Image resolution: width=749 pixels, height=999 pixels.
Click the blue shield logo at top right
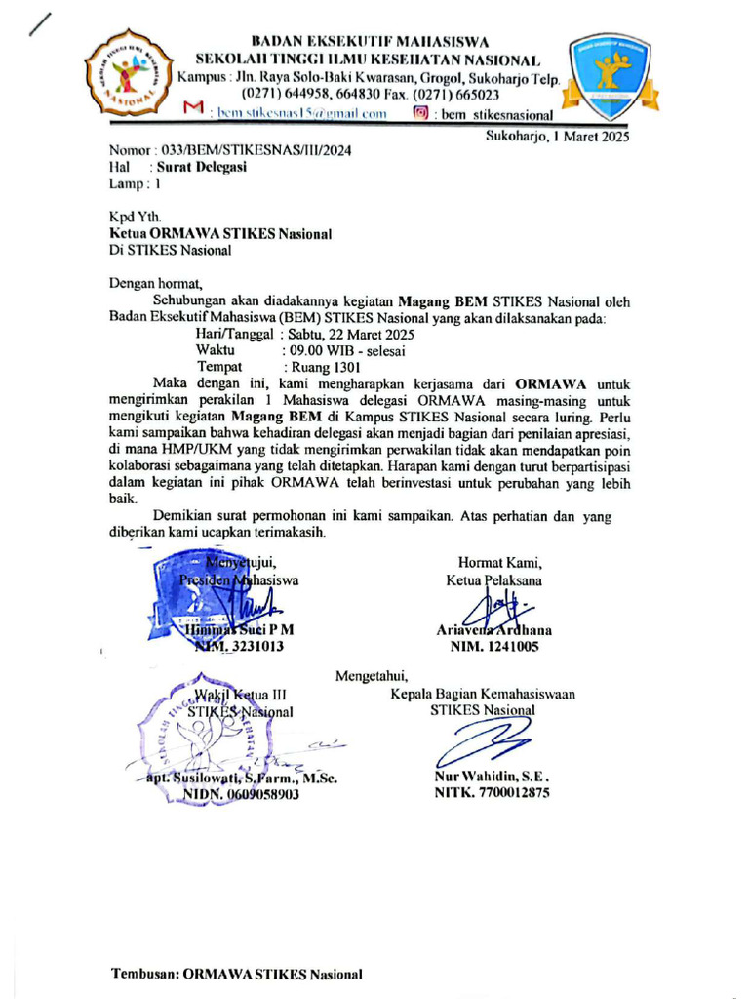point(612,74)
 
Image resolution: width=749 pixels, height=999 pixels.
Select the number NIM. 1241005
point(493,646)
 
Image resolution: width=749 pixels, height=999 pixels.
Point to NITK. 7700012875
point(492,794)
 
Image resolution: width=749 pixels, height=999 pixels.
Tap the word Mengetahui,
point(372,675)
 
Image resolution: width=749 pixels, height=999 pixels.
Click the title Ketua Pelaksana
point(493,580)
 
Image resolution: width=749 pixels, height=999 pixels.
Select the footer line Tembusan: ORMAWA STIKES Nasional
point(237,974)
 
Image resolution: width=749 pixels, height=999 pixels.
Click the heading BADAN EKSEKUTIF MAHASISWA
point(371,41)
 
